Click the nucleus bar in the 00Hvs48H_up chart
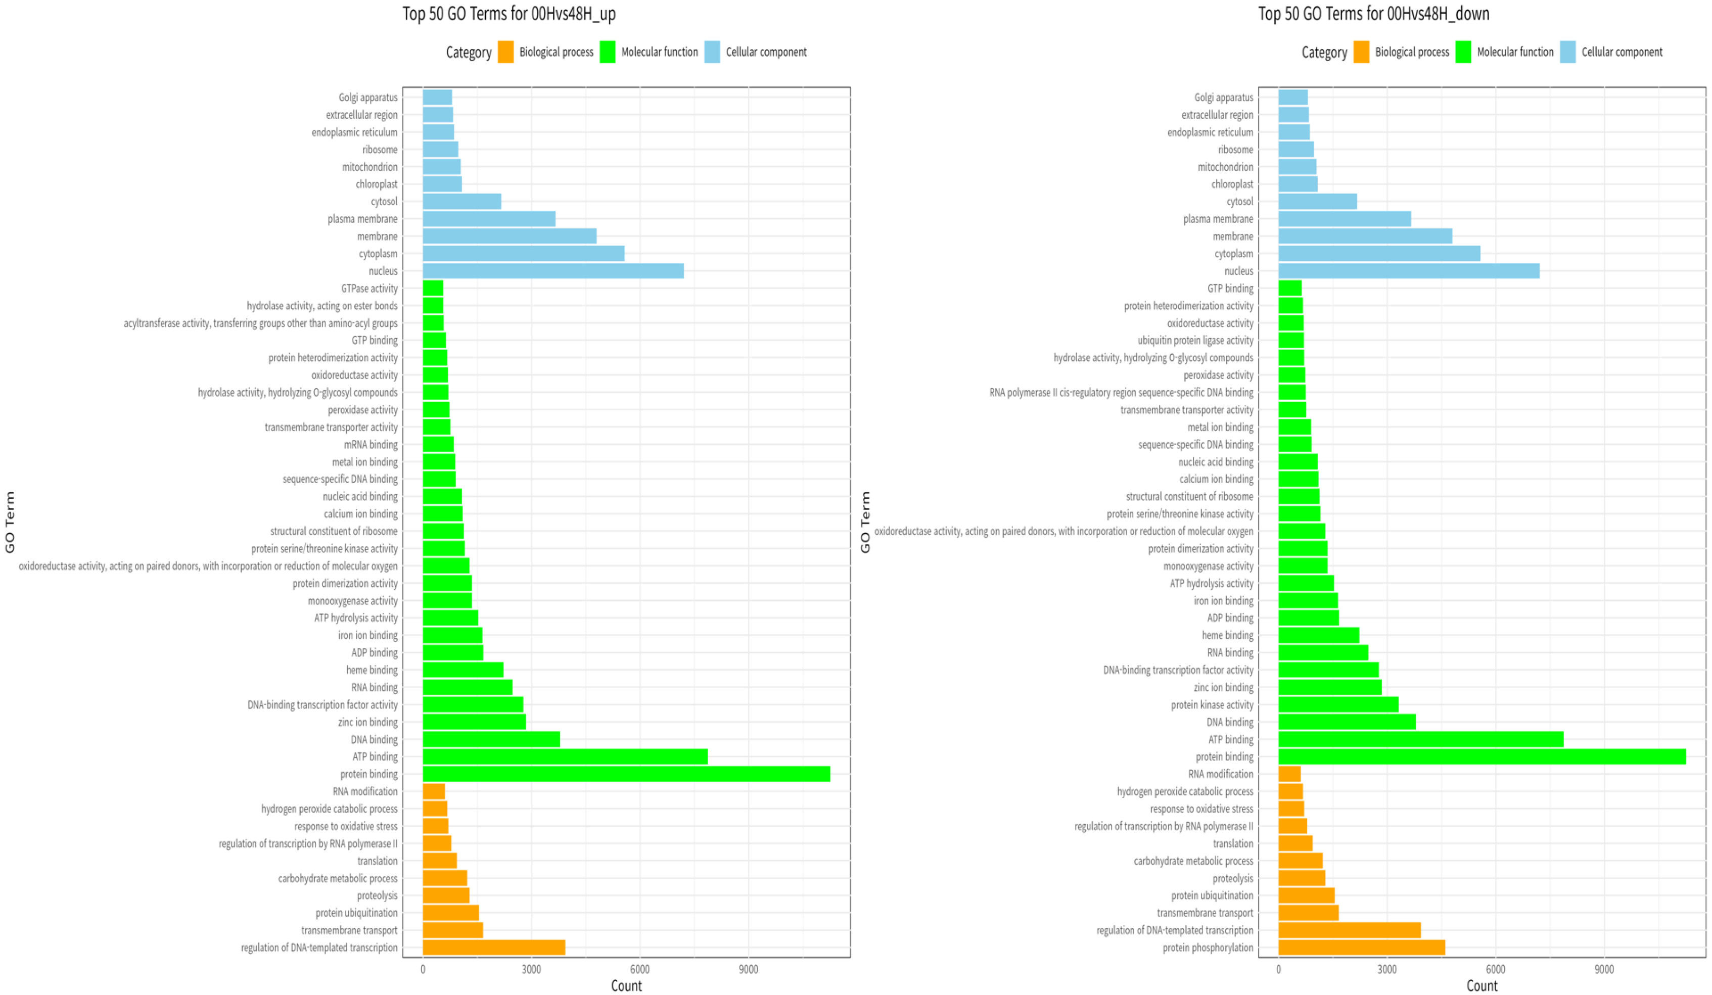tap(553, 271)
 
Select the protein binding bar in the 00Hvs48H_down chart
tap(1482, 756)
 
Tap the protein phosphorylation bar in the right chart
tap(1361, 947)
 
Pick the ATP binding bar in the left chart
tap(565, 756)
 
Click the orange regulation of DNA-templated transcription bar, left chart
tap(494, 947)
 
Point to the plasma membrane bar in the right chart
tap(1345, 219)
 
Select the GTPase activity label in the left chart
tap(369, 289)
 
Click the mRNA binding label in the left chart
tap(371, 445)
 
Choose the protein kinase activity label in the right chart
tap(1212, 705)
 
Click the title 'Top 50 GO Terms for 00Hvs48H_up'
tap(509, 14)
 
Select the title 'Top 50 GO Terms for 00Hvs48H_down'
tap(1374, 14)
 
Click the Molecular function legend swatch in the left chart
tap(608, 52)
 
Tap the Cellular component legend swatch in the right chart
tap(1568, 52)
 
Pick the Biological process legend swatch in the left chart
tap(505, 52)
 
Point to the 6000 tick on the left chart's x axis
tap(639, 969)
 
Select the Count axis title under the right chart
tap(1482, 985)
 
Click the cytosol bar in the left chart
tap(462, 202)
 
